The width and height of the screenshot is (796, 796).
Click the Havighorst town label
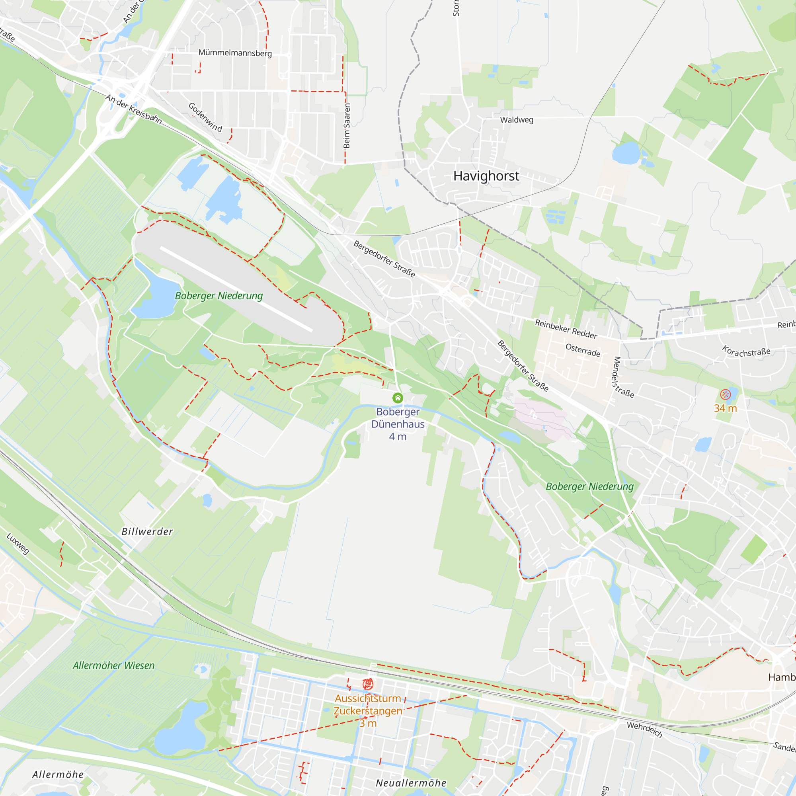point(486,176)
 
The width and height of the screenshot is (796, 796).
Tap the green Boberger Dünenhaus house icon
point(398,398)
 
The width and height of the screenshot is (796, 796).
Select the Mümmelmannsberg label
point(235,53)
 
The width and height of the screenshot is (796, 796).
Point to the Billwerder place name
point(147,531)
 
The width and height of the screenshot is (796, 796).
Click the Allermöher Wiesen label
point(114,665)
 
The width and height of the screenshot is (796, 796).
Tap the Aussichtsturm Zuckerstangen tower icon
point(368,684)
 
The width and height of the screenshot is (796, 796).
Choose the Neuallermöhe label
point(411,783)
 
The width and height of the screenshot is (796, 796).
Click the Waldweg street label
point(517,120)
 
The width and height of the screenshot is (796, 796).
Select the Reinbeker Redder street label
point(566,329)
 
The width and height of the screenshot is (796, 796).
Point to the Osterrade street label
point(583,350)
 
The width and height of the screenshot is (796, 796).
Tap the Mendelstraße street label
point(623,377)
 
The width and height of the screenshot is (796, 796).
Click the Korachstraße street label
point(746,351)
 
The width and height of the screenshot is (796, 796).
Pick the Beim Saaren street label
point(347,126)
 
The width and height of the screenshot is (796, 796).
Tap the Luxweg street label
point(18,543)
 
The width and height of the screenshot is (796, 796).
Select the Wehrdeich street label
point(645,730)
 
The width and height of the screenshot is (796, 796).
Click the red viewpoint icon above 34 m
point(725,394)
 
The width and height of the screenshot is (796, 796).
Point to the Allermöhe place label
point(58,775)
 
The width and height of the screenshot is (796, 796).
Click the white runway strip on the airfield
point(236,289)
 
